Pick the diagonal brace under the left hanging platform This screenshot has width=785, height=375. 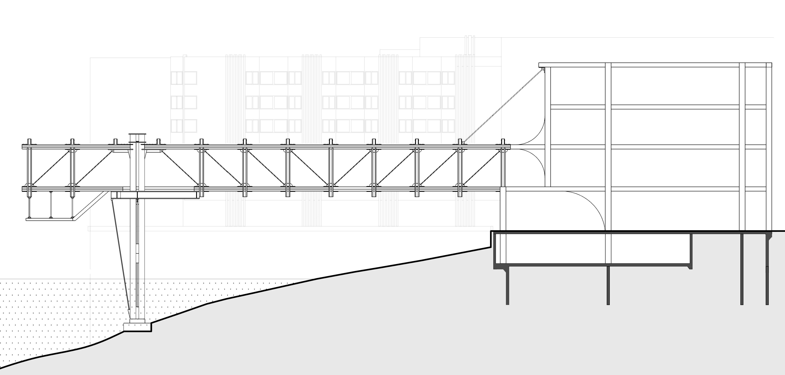point(91,204)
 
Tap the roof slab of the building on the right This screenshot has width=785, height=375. point(655,65)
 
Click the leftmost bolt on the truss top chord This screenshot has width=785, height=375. point(29,142)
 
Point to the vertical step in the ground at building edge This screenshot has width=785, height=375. point(491,239)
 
